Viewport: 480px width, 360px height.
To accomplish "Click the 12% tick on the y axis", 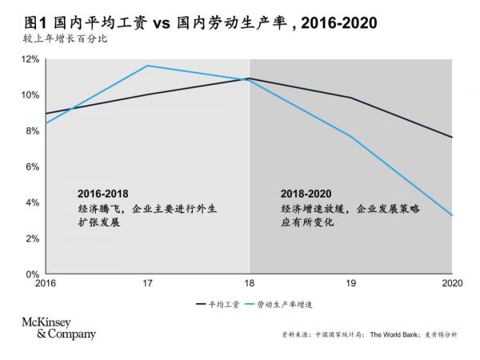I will (30, 59).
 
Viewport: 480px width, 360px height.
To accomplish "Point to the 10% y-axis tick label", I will (30, 95).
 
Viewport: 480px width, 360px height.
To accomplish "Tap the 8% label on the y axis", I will (32, 131).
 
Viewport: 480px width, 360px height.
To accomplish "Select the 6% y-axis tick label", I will (32, 167).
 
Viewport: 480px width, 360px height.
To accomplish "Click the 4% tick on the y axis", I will (32, 202).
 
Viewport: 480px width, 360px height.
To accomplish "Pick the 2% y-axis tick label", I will (32, 238).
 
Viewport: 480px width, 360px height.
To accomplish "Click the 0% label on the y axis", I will (32, 274).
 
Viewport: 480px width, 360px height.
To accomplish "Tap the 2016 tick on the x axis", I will (46, 283).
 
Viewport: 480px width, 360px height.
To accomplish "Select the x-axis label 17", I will (147, 283).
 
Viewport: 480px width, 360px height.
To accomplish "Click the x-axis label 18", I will (250, 283).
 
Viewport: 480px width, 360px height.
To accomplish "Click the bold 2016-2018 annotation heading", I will (103, 194).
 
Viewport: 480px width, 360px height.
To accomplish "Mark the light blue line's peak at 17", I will (147, 66).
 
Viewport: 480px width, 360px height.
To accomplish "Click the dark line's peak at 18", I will (250, 78).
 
